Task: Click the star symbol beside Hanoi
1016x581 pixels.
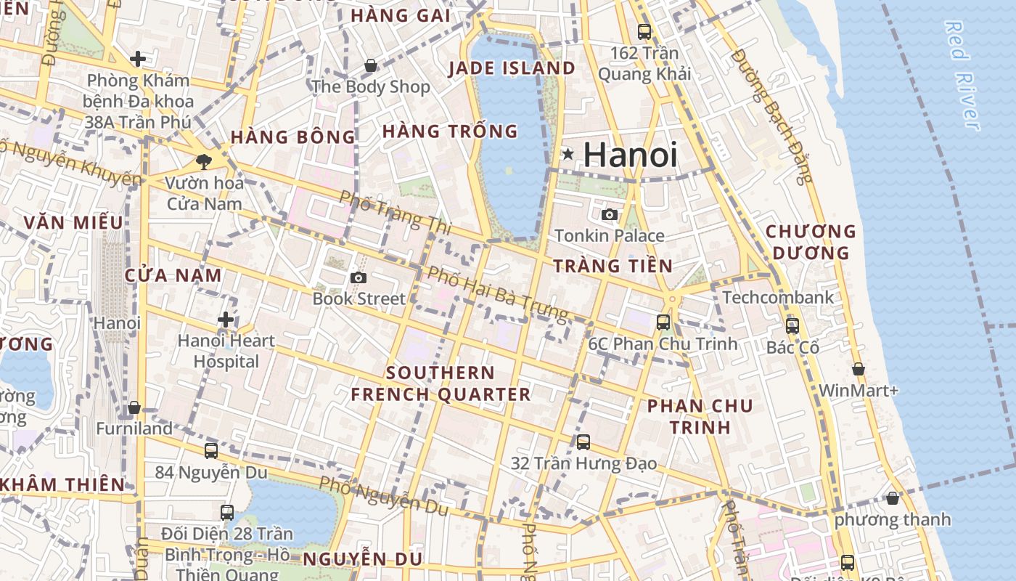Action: click(568, 154)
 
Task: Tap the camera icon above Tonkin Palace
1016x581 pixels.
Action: click(610, 214)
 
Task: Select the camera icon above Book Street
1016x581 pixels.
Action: click(358, 277)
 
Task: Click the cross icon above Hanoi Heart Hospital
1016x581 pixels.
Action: click(226, 319)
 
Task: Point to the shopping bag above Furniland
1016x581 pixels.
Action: click(134, 407)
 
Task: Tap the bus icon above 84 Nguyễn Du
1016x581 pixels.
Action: click(210, 451)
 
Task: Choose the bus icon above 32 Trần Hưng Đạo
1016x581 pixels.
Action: click(583, 442)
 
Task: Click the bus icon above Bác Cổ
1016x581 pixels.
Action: click(792, 325)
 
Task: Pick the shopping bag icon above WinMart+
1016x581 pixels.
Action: click(859, 369)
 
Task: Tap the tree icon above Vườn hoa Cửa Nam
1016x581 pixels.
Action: click(203, 161)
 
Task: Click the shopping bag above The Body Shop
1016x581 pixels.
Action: click(371, 66)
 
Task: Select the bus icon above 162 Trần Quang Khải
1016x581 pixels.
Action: click(644, 31)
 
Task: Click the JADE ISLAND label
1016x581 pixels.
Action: click(512, 68)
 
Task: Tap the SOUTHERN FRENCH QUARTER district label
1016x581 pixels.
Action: click(441, 383)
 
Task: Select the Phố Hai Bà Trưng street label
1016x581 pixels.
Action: click(497, 293)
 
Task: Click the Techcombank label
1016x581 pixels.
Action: click(778, 297)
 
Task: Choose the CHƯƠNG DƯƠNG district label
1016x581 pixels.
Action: click(811, 242)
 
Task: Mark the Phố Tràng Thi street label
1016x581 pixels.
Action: click(396, 212)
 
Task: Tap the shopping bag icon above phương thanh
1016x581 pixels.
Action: click(893, 498)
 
